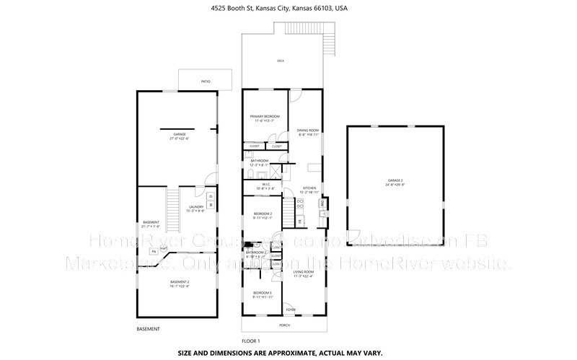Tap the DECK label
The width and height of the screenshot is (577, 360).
point(281,61)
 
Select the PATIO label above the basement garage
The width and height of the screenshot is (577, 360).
point(206,82)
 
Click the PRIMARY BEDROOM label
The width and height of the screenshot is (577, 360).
point(264,118)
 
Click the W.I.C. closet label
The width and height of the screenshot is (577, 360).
point(265,185)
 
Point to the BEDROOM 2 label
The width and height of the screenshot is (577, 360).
point(262,216)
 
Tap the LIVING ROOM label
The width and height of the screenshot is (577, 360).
point(304,273)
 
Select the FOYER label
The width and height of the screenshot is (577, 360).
point(291,309)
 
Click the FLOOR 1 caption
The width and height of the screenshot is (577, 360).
point(250,340)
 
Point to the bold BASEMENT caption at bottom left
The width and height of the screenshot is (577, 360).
point(148,329)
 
